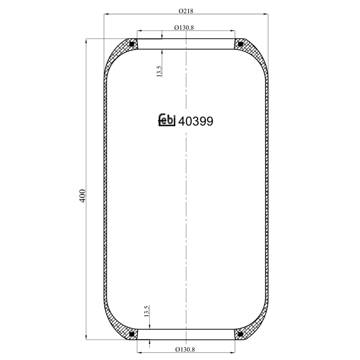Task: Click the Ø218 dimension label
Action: click(x=186, y=11)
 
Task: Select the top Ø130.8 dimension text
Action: click(x=184, y=27)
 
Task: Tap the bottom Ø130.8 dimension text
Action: click(x=185, y=350)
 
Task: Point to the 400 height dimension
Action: click(x=82, y=196)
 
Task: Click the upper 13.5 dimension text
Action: click(x=159, y=71)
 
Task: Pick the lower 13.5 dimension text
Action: click(x=147, y=311)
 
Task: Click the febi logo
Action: click(x=167, y=120)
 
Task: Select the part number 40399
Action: click(x=196, y=121)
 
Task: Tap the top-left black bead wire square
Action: click(x=132, y=44)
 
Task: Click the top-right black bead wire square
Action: click(x=240, y=44)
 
